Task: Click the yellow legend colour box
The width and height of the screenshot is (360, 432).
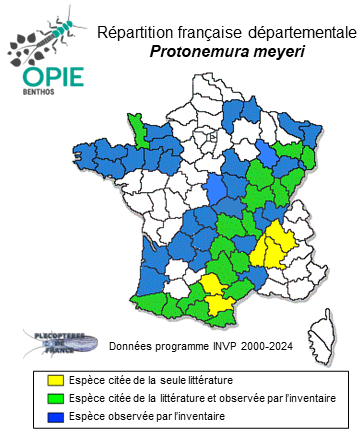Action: pyautogui.click(x=55, y=381)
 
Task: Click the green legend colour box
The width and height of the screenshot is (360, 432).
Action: pyautogui.click(x=55, y=397)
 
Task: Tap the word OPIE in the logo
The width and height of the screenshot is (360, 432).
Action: pyautogui.click(x=46, y=77)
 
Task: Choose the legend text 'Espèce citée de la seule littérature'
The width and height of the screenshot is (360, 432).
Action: pyautogui.click(x=150, y=381)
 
